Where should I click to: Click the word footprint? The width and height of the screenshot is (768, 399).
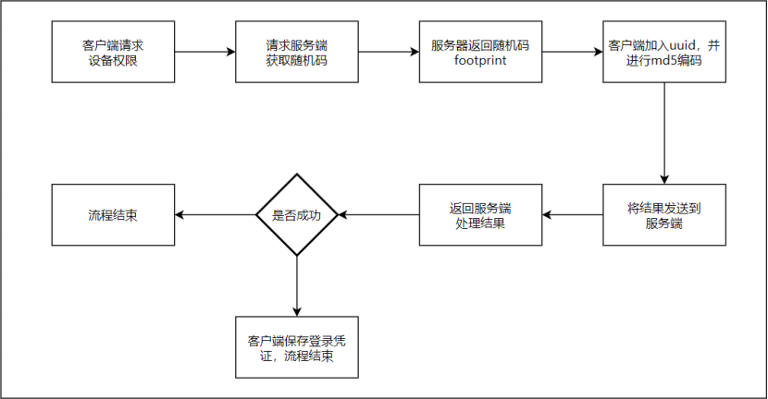tap(480, 61)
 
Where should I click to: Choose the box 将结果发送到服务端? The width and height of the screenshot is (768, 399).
tap(664, 215)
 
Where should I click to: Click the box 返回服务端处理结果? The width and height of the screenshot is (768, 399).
tap(480, 215)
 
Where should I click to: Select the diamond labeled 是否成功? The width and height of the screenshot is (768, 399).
tap(297, 215)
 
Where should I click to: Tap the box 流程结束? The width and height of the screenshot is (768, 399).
tap(111, 215)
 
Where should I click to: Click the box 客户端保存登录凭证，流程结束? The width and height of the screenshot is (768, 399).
tap(297, 347)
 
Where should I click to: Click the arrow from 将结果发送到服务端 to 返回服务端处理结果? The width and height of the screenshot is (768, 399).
tap(572, 215)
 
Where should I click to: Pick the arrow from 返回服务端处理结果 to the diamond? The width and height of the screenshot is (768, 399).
tap(379, 215)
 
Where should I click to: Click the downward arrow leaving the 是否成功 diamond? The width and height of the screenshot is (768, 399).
tap(297, 286)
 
